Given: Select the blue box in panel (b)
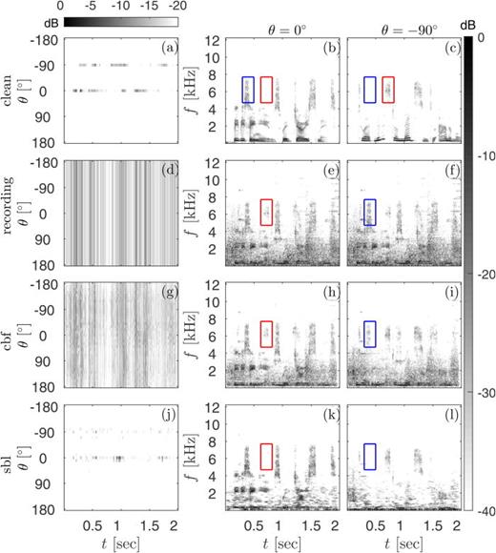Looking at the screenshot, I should point(248,90).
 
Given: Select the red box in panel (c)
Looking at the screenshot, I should point(388,90).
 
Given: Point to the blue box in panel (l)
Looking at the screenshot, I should point(370,457).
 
